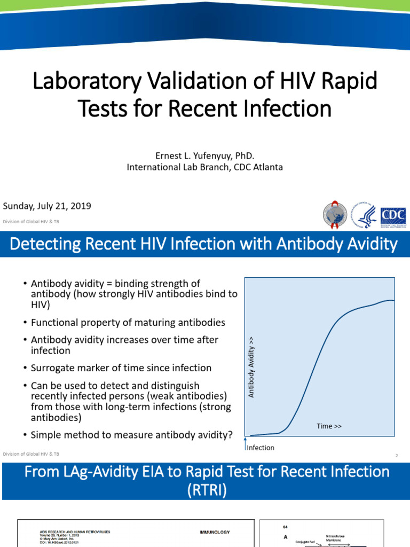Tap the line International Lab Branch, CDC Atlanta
coord(204,167)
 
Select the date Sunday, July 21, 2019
coord(47,206)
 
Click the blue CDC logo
coord(393,216)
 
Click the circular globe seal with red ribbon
coord(335,216)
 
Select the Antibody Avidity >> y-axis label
coord(251,366)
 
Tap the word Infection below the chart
coord(261,448)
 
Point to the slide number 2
coord(397,455)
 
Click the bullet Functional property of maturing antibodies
coord(128,323)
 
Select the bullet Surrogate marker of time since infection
coord(121,368)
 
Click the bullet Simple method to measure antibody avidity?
coord(131,435)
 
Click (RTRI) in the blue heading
coord(204,490)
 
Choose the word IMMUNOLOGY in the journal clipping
coord(215,532)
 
